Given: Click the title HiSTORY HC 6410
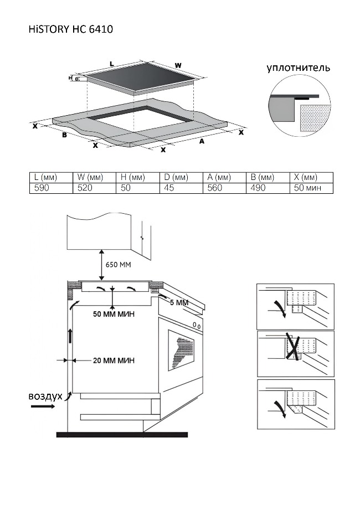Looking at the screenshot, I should (71, 29).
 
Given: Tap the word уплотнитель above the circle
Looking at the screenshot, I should (299, 68).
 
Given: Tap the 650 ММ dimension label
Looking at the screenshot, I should (117, 265).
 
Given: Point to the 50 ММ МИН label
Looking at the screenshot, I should (114, 315).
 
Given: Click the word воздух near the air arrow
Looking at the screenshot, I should (45, 397).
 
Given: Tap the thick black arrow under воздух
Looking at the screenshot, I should (43, 406).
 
